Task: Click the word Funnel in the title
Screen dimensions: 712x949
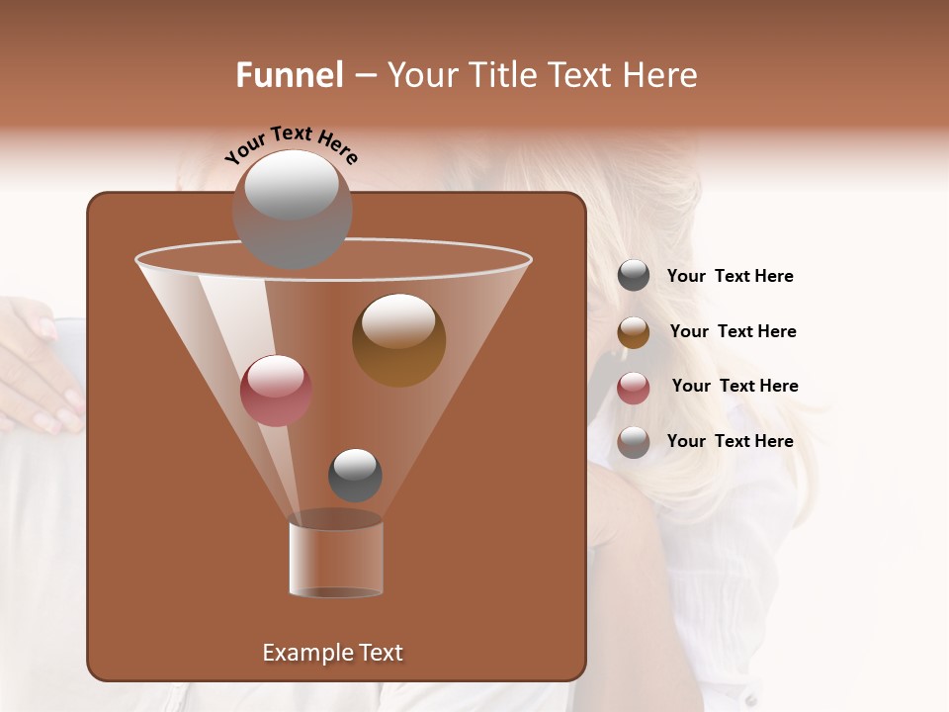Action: click(290, 75)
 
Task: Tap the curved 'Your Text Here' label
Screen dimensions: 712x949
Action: click(291, 144)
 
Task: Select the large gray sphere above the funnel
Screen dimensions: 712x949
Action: click(292, 209)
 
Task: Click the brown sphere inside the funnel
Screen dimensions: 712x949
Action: click(398, 340)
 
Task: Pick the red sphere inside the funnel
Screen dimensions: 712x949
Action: click(276, 391)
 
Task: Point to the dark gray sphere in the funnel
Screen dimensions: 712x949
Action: click(355, 475)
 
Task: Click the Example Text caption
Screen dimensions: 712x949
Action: click(332, 653)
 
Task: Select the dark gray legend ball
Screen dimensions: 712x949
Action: click(634, 276)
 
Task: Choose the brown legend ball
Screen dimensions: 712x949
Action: click(634, 332)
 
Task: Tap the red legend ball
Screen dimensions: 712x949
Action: click(634, 388)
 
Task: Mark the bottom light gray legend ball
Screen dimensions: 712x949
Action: click(634, 442)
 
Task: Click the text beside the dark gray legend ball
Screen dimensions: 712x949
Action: click(730, 277)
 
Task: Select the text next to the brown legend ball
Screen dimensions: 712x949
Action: click(733, 332)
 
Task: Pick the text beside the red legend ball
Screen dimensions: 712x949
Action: click(734, 387)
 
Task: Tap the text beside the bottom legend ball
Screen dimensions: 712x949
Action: click(730, 441)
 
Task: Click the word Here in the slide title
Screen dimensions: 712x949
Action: click(658, 75)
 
